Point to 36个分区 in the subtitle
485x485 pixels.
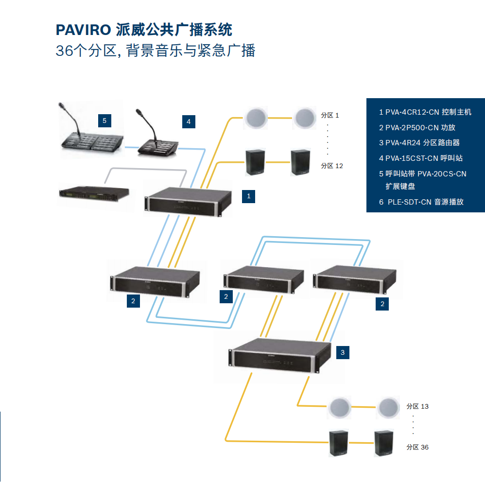[x=86, y=51]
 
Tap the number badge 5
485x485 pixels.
[x=104, y=120]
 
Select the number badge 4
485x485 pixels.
[x=189, y=121]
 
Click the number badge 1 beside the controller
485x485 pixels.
[x=249, y=196]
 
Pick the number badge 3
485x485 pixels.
[x=342, y=352]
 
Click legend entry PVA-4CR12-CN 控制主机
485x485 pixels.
[x=425, y=112]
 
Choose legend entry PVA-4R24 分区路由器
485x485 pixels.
[x=419, y=143]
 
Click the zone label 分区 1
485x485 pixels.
[x=330, y=115]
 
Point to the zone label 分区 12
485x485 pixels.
[x=332, y=166]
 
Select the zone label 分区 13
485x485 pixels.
[x=417, y=406]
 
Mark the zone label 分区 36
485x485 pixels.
[x=417, y=447]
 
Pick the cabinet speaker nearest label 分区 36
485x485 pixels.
[x=384, y=443]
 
